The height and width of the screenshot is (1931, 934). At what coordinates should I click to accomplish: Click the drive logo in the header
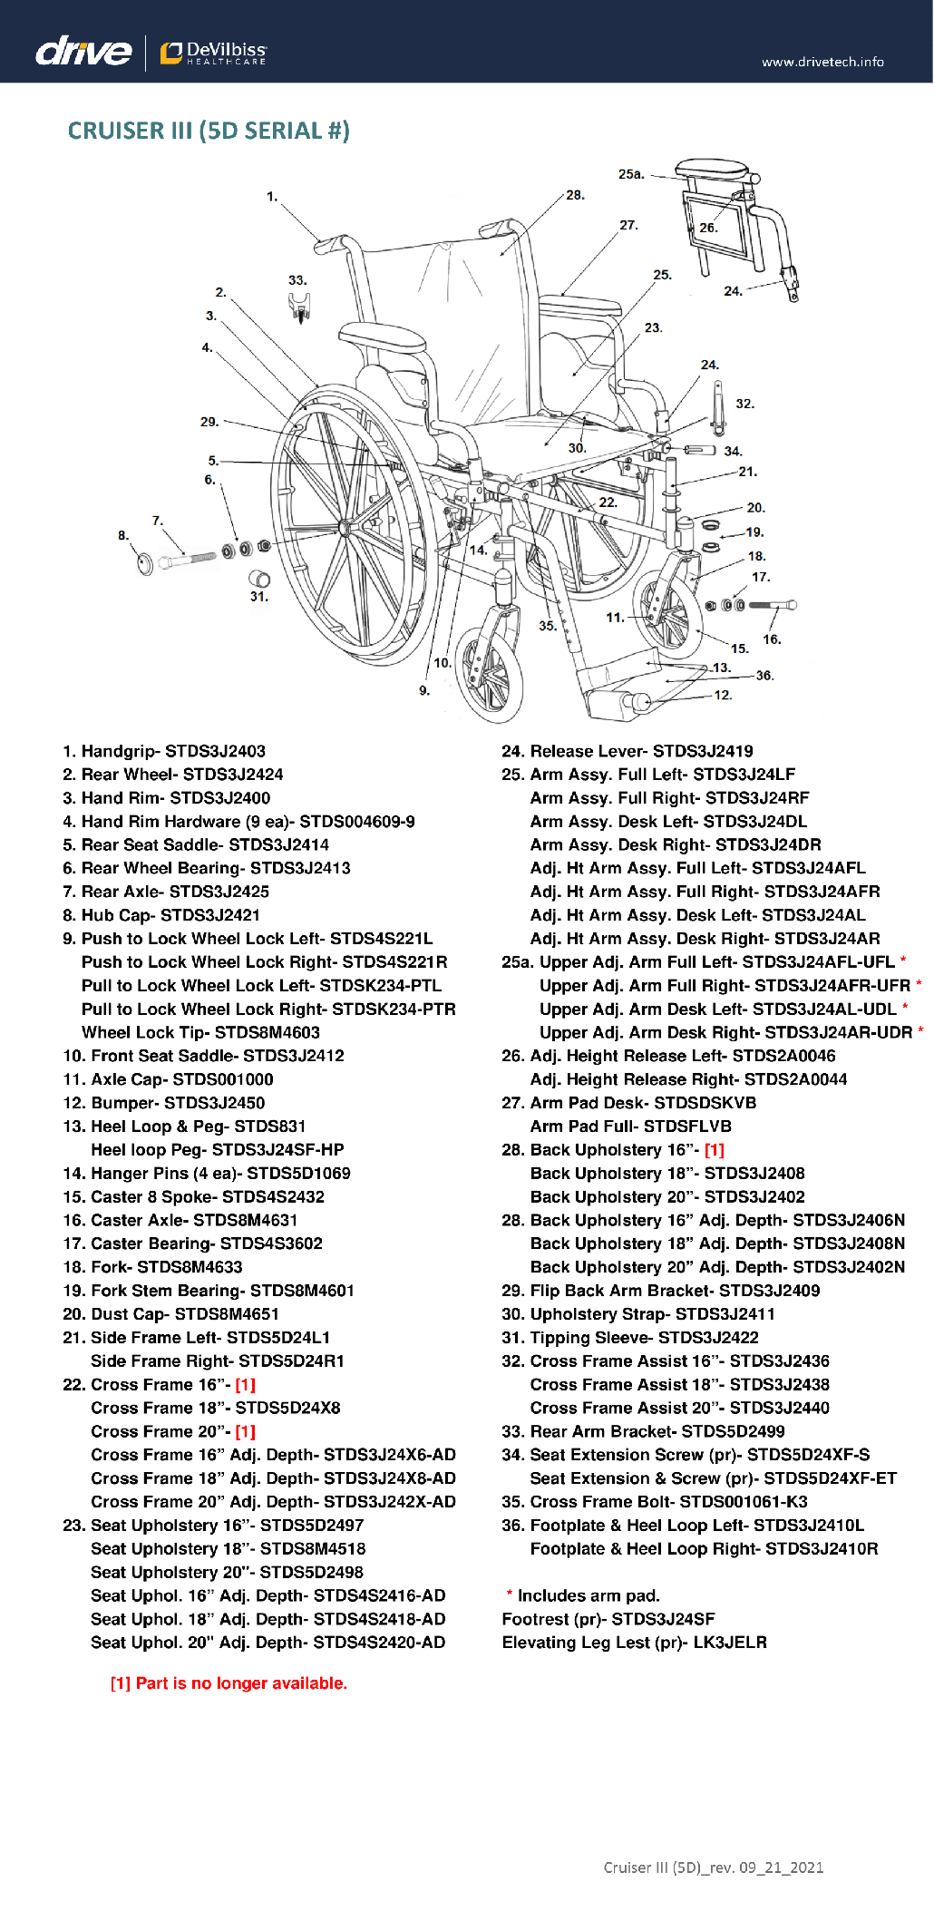point(83,51)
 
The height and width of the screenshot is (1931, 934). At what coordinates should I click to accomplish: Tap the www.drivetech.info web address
point(822,62)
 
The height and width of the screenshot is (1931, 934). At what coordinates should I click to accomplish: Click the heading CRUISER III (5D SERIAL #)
point(209,131)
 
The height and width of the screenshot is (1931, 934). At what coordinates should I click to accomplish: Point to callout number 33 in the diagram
point(297,280)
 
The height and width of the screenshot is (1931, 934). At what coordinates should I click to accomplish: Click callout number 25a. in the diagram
point(631,173)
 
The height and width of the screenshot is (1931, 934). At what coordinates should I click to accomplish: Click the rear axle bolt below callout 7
point(188,560)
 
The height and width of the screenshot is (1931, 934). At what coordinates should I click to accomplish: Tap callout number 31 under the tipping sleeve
point(259,597)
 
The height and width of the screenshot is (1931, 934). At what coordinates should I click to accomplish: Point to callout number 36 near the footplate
point(764,676)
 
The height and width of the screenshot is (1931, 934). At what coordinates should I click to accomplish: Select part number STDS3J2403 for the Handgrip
point(215,751)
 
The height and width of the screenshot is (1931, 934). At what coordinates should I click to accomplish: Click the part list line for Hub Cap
point(161,915)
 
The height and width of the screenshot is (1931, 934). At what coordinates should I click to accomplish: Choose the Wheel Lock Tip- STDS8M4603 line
point(200,1032)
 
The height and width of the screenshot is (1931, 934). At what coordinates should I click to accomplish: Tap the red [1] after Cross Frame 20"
point(245,1431)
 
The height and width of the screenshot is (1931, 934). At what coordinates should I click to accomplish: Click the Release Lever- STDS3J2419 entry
point(628,751)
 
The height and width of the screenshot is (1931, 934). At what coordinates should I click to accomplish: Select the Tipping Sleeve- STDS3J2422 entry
point(630,1338)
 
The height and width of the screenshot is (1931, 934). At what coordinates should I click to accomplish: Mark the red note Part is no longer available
point(229,1683)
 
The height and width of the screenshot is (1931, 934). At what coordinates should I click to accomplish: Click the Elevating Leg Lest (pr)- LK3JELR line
point(635,1643)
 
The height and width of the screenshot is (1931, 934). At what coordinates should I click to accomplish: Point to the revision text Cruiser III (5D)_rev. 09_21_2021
point(714,1868)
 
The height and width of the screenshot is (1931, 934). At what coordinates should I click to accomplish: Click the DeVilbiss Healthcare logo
point(214,53)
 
